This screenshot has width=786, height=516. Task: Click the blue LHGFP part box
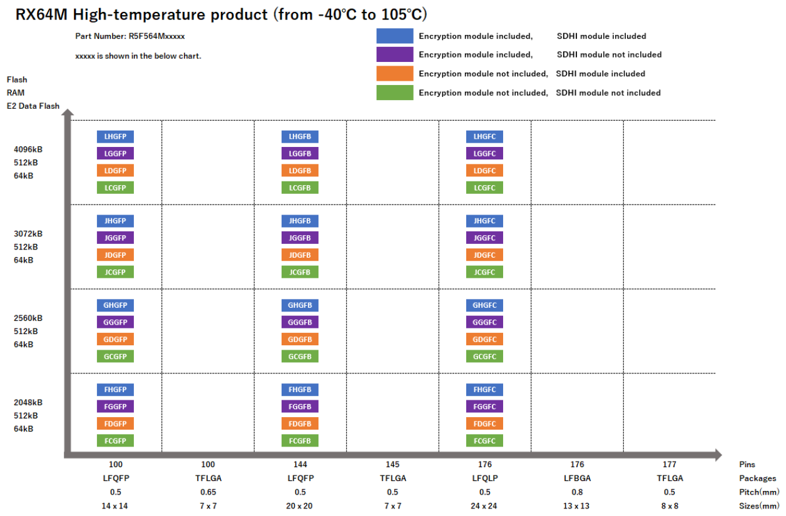(115, 136)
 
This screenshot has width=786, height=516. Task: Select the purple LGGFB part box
(300, 153)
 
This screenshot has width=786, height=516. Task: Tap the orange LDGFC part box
(484, 170)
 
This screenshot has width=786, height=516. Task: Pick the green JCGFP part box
(115, 272)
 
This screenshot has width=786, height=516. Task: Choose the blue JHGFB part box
(300, 221)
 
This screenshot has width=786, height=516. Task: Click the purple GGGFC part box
(484, 322)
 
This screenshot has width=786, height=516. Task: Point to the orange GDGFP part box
(115, 339)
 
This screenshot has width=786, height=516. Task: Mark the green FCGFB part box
(300, 440)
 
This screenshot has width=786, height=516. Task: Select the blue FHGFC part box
(484, 390)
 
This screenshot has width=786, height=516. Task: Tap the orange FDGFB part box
(300, 423)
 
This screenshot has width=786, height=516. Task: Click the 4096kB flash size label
(28, 149)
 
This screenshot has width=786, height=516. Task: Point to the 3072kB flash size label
(28, 234)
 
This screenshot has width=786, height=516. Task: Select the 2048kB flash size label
(28, 402)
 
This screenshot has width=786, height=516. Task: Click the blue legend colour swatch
(394, 36)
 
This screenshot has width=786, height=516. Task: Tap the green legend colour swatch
(394, 93)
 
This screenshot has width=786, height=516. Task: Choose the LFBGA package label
(577, 478)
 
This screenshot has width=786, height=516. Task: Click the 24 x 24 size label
(484, 505)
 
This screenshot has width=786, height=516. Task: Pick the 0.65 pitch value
(208, 492)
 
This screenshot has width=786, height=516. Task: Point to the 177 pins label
(669, 464)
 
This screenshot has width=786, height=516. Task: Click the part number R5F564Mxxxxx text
(130, 36)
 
